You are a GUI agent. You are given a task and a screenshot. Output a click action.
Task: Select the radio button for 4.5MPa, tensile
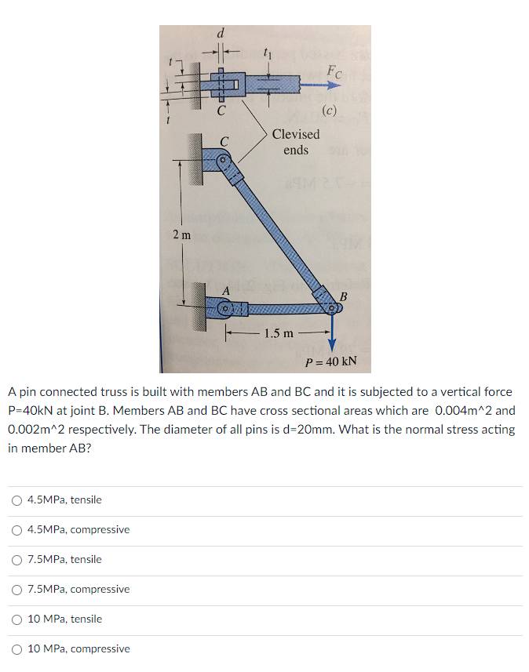pos(17,500)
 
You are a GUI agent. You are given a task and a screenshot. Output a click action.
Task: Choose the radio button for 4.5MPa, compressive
pos(17,530)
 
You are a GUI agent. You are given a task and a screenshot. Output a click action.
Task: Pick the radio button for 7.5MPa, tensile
pos(17,560)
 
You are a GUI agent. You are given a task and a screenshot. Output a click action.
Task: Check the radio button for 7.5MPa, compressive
pos(17,590)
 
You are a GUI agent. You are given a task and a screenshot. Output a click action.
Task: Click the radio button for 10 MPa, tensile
pos(17,619)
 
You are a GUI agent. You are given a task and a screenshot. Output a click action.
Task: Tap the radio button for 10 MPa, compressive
pos(17,649)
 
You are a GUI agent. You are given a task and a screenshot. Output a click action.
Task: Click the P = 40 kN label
pos(330,361)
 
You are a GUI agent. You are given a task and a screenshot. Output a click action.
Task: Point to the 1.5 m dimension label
pos(279,333)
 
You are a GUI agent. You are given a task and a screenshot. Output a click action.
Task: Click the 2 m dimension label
pos(181,234)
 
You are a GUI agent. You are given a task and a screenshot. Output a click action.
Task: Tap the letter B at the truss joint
pos(341,296)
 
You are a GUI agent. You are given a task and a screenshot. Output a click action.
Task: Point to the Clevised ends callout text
pos(296,142)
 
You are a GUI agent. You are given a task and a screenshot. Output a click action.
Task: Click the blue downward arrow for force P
pos(330,332)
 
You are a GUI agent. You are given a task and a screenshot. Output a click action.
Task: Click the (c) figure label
pos(329,110)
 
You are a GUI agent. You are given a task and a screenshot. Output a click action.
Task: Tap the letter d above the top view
pos(221,34)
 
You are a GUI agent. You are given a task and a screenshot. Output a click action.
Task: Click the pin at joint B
pos(330,307)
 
